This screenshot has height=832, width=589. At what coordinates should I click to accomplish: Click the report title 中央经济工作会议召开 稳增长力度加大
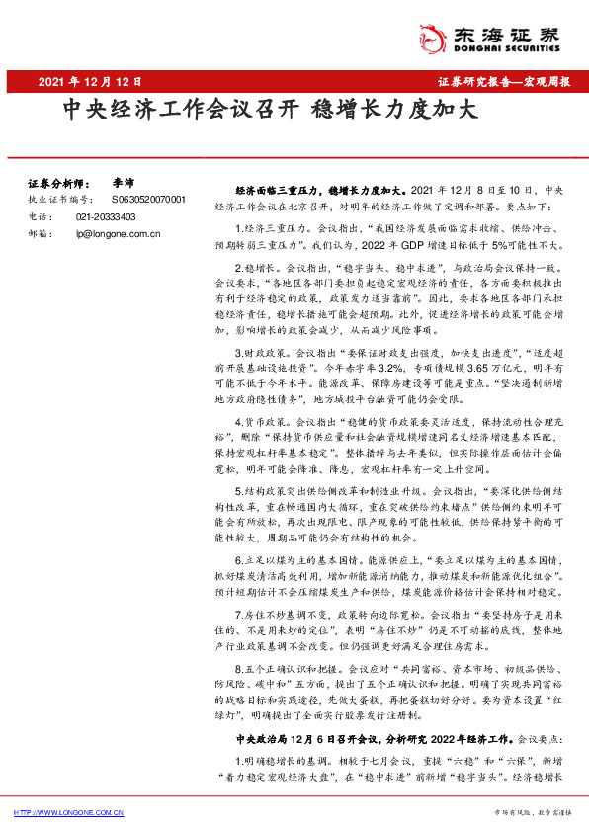point(271,109)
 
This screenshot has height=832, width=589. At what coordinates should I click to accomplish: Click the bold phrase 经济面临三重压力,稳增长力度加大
point(316,188)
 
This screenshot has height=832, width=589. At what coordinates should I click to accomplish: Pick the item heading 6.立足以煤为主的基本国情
point(306,558)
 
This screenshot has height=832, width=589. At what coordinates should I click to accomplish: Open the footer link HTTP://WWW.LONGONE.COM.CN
point(68,812)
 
